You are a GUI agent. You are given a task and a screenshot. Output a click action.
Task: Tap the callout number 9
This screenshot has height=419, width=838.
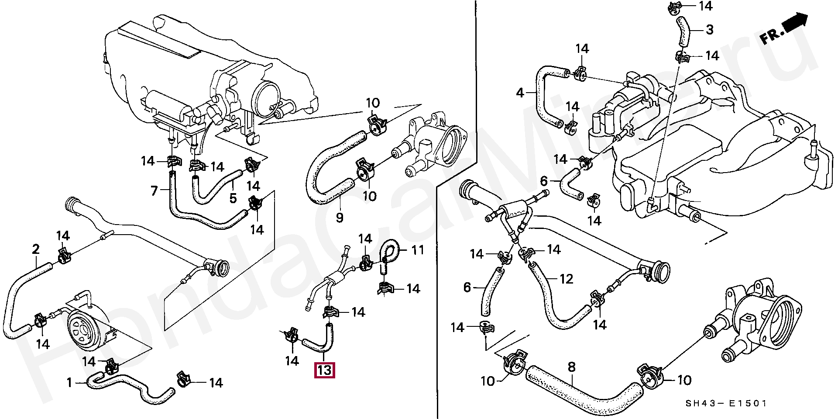point(340,217)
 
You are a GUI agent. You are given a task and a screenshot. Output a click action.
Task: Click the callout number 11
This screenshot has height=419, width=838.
point(418,250)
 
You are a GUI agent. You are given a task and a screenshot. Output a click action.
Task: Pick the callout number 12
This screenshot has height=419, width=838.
point(566,278)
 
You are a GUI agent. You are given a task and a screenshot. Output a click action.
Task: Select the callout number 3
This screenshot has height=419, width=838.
point(709,30)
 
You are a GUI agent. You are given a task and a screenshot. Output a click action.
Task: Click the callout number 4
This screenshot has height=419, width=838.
point(519,93)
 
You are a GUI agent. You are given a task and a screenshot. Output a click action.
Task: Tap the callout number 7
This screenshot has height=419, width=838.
point(154,191)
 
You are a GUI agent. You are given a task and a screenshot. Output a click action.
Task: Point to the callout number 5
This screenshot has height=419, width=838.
point(233,198)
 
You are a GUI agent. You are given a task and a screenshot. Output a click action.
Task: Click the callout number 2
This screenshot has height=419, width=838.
point(36,249)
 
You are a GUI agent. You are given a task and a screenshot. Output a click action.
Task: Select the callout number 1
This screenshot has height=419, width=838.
point(69,383)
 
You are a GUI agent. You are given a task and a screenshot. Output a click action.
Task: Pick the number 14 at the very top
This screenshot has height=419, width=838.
point(705,6)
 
